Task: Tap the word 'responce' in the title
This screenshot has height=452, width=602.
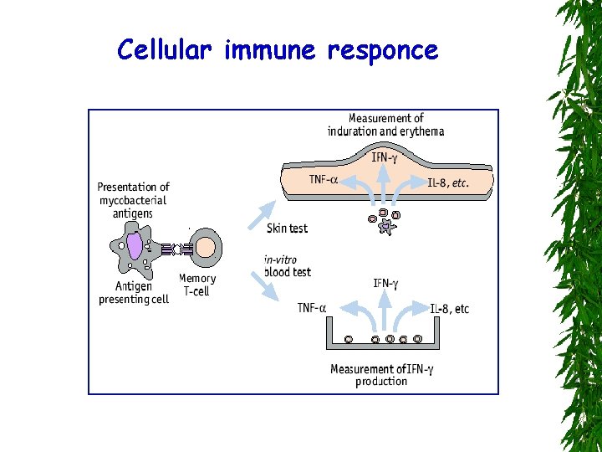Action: click(382, 51)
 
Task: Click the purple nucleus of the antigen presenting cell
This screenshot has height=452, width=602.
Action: click(135, 245)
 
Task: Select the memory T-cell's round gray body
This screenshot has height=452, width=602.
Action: click(207, 249)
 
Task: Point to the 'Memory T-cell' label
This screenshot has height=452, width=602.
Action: click(197, 285)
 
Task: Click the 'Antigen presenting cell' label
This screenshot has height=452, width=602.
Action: click(134, 293)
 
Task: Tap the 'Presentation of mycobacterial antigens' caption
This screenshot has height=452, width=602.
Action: click(134, 200)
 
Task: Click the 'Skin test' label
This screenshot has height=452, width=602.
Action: click(287, 228)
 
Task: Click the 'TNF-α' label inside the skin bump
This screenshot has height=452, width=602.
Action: click(324, 179)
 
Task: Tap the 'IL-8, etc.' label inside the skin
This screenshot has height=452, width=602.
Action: click(448, 182)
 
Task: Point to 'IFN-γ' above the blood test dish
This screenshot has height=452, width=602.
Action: click(385, 284)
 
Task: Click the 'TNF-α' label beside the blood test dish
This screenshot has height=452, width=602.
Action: click(312, 308)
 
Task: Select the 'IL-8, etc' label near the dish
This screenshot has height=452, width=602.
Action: click(450, 309)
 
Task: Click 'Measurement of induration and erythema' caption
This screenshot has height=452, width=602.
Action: click(385, 125)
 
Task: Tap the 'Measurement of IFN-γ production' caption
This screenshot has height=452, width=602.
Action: click(381, 375)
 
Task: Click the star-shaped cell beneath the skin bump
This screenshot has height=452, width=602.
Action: click(385, 227)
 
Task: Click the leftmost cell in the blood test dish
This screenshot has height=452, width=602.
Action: click(349, 339)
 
